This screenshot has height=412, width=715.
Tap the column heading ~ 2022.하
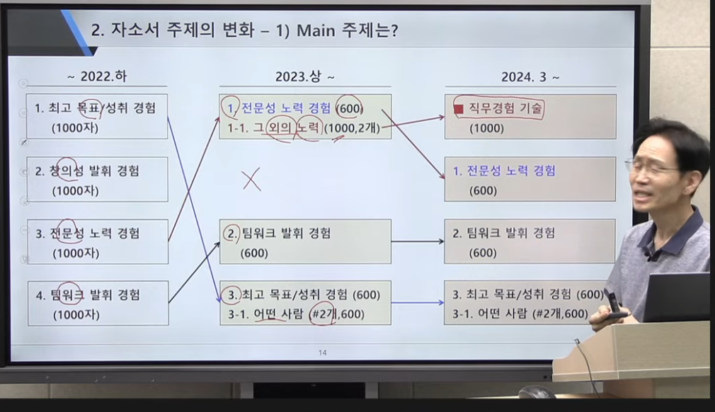pos(97,76)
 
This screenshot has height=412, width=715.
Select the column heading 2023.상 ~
pos(304,76)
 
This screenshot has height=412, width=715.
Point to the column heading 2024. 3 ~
pos(530,77)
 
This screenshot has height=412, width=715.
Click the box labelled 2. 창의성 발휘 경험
pos(97,180)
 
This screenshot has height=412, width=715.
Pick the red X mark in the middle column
pos(251,179)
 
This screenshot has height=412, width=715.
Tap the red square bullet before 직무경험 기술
pos(459,109)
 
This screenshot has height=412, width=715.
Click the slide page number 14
pos(322,353)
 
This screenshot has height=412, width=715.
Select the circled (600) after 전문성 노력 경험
pos(349,108)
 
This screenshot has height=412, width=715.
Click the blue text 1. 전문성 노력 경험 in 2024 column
pos(504,171)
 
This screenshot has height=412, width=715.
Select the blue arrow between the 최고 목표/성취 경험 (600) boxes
pos(418,302)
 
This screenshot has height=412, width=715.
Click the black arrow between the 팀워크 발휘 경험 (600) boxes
pos(418,241)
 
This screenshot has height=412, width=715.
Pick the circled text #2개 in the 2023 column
pos(323,314)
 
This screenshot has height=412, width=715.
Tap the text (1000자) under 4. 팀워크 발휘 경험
pos(76,315)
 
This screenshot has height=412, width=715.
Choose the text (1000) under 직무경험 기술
pos(486,129)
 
